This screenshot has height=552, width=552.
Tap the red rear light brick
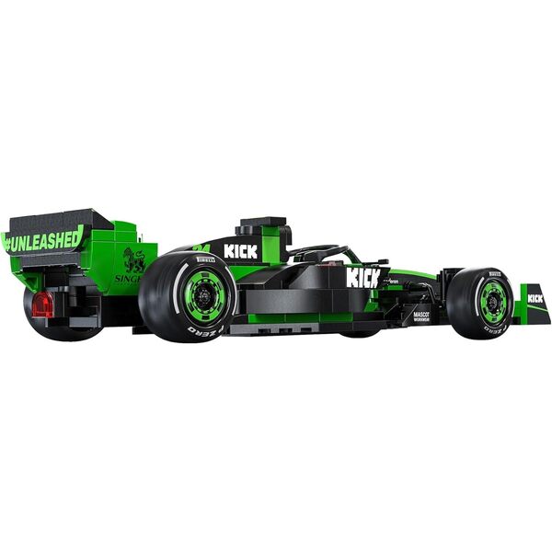tap(42, 305)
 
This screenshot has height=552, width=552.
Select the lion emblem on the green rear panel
tap(134, 259)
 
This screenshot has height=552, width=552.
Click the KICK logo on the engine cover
tap(240, 251)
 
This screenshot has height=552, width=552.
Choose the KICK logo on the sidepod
tap(362, 277)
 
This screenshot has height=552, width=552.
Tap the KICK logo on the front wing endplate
tap(535, 298)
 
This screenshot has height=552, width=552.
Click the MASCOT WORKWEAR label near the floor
tap(421, 318)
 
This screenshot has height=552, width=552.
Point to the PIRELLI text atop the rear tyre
tap(205, 260)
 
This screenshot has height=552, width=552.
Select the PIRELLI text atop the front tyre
tap(495, 273)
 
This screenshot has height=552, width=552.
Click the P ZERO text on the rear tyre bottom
tap(205, 328)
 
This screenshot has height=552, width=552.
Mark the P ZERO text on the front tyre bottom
tap(497, 326)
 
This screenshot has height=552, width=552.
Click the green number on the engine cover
tap(202, 247)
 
